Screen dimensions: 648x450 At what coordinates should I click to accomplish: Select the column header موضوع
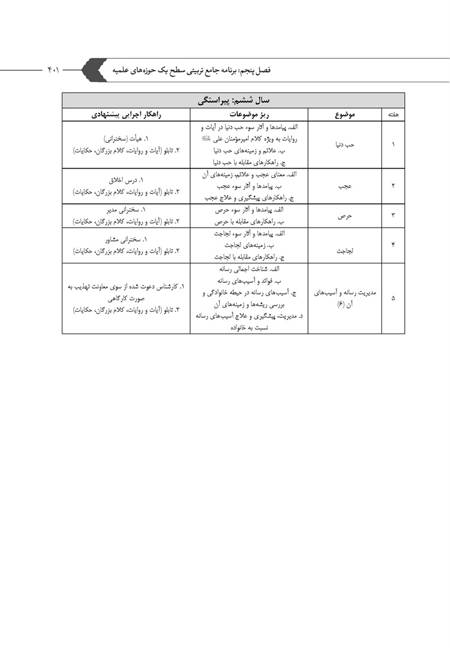tap(345, 114)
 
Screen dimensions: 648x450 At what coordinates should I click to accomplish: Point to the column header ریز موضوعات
tap(248, 114)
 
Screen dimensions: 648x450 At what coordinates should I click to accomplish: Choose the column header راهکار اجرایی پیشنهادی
tap(126, 114)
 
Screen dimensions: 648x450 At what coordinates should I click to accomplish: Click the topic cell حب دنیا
tap(345, 145)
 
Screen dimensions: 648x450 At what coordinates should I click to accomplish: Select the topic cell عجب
tap(345, 185)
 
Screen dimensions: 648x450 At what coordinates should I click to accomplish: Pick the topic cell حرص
tap(345, 216)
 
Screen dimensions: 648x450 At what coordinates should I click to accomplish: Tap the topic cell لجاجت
tap(345, 245)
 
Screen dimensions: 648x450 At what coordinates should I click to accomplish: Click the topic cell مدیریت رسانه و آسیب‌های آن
tap(345, 298)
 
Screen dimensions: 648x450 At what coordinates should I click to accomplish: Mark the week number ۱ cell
tap(393, 145)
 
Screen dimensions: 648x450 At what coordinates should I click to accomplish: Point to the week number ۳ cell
tap(393, 216)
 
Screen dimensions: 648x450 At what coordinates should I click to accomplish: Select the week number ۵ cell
tap(393, 298)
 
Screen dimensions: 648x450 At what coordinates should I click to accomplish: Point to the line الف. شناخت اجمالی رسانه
tap(248, 270)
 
